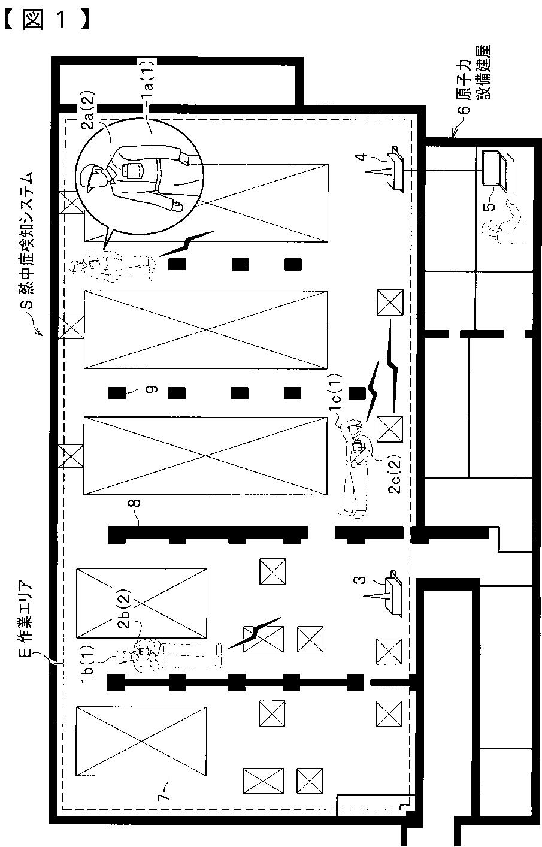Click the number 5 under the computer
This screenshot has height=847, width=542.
point(490,207)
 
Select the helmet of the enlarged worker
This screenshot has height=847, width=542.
point(89,177)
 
